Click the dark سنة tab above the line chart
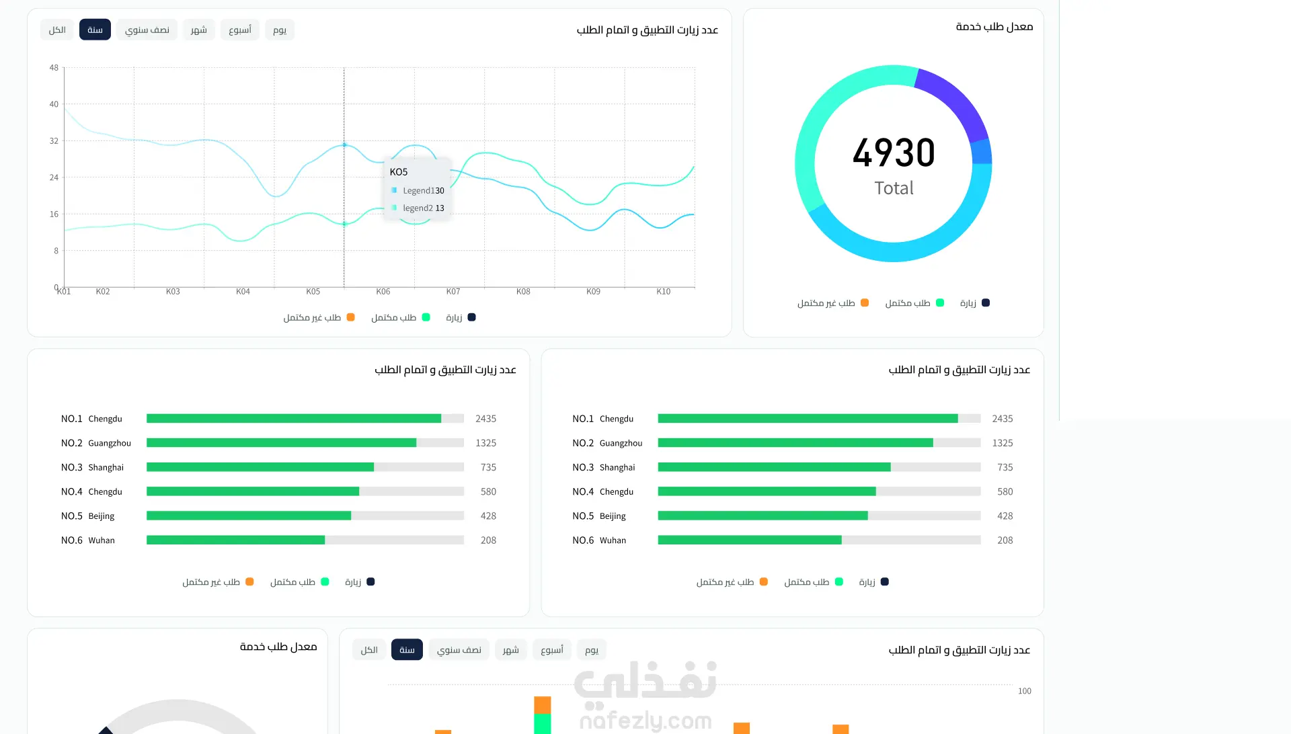tap(95, 30)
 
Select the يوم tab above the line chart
tap(280, 30)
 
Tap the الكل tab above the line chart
tap(57, 30)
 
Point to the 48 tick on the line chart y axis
tap(54, 68)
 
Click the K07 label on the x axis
tap(453, 292)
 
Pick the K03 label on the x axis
tap(173, 292)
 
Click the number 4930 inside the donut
tap(894, 153)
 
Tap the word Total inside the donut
tap(894, 188)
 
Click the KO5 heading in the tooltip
tap(399, 172)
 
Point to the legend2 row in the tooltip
tap(418, 208)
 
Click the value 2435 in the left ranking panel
tap(485, 419)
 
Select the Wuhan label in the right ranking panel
tap(613, 540)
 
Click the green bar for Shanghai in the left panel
tap(260, 467)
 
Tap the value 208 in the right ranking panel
tap(1005, 540)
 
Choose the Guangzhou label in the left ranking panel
tap(110, 443)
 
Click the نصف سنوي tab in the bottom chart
tap(459, 649)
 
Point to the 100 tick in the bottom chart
tap(1025, 691)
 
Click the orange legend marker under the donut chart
tap(865, 303)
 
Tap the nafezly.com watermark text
tap(645, 721)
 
